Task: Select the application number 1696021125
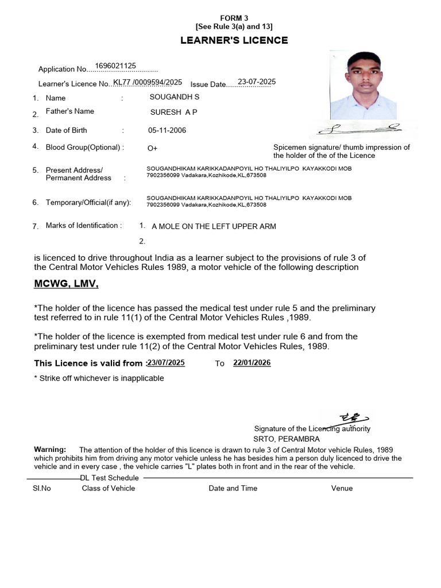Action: pyautogui.click(x=115, y=66)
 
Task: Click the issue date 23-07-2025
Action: pyautogui.click(x=257, y=82)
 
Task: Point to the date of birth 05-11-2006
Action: pyautogui.click(x=167, y=130)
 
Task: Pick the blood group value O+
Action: pyautogui.click(x=153, y=148)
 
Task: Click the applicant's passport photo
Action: pyautogui.click(x=363, y=85)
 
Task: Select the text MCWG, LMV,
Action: pyautogui.click(x=67, y=284)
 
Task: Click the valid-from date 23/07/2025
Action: pyautogui.click(x=167, y=363)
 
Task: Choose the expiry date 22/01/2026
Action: pyautogui.click(x=252, y=363)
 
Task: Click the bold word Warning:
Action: pyautogui.click(x=50, y=449)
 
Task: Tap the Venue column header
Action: pyautogui.click(x=342, y=488)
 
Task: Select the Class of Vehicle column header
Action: pyautogui.click(x=109, y=488)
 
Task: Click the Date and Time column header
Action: pyautogui.click(x=233, y=488)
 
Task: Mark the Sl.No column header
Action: pyautogui.click(x=42, y=488)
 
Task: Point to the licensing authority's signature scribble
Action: pyautogui.click(x=351, y=417)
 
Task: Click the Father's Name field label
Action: pyautogui.click(x=70, y=111)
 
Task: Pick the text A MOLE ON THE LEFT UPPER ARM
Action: pyautogui.click(x=214, y=226)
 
